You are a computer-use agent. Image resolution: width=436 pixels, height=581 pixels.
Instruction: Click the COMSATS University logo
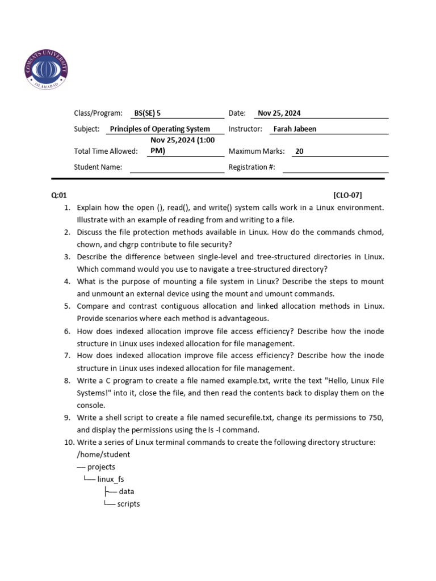point(47,68)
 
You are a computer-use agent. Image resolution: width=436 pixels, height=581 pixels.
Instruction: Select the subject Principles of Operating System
point(160,129)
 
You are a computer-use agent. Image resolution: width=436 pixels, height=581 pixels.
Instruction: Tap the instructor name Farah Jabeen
point(295,129)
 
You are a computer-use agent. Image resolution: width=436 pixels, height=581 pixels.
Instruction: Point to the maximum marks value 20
point(300,151)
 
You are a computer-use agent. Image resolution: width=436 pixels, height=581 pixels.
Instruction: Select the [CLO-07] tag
point(347,195)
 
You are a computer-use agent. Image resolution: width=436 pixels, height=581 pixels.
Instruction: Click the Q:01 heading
point(59,195)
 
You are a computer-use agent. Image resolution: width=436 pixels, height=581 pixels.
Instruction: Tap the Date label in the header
point(237,113)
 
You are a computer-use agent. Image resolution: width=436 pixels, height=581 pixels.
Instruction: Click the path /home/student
point(103,454)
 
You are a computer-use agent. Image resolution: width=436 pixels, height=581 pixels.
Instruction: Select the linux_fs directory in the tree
point(111,479)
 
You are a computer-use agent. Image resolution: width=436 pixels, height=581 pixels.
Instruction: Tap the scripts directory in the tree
point(128,504)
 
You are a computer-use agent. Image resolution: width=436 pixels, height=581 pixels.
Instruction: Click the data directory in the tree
point(127,491)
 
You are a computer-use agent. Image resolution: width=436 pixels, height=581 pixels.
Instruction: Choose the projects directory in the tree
point(101,467)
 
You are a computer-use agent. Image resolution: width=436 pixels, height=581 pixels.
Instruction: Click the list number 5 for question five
point(66,306)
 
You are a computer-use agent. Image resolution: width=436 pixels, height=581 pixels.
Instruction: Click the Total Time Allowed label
point(106,151)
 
